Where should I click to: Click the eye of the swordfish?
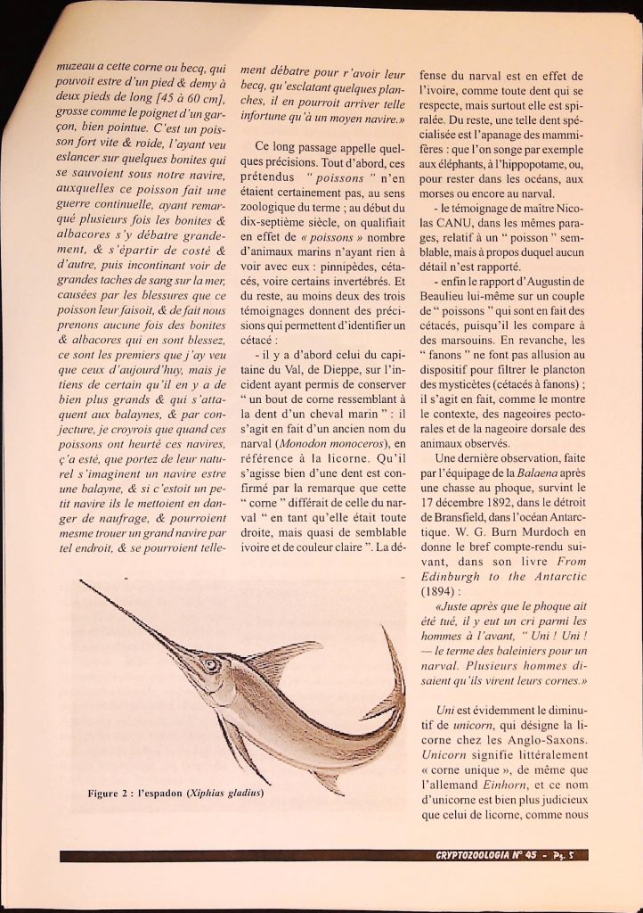tap(210, 664)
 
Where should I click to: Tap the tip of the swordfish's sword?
tap(81, 582)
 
